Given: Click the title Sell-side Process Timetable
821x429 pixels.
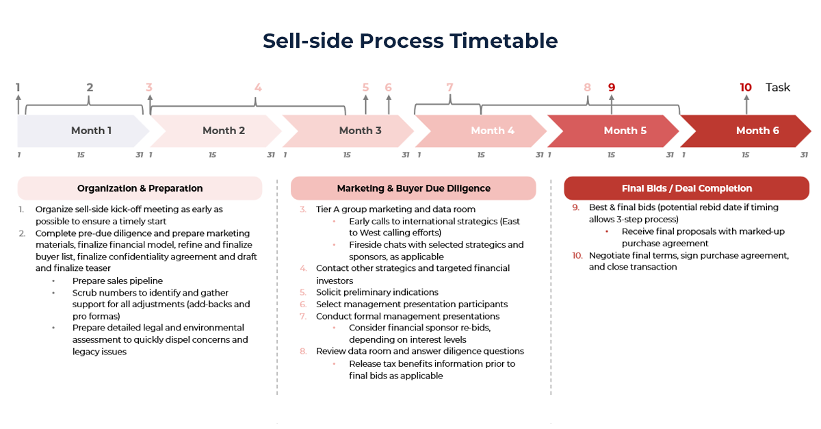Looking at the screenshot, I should [x=410, y=41].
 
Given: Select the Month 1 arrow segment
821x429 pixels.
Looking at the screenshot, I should [x=82, y=131].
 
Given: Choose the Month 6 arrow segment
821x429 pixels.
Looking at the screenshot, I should [x=746, y=131].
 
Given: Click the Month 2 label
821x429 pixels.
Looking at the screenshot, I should [x=224, y=131].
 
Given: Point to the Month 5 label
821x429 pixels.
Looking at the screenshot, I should [x=625, y=131].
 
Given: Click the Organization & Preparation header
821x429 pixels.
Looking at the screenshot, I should [x=140, y=188].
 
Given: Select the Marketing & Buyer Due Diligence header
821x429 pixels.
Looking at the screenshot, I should [x=413, y=188].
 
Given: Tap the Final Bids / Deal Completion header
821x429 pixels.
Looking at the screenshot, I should [x=686, y=188].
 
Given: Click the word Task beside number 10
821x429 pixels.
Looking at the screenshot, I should [x=778, y=88].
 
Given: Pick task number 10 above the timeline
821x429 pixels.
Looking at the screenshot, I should [x=746, y=88].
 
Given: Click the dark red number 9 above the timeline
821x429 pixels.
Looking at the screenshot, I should [x=612, y=88].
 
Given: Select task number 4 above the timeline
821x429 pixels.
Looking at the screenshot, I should [x=258, y=88].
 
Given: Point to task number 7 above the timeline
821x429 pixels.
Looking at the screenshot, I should [x=449, y=88].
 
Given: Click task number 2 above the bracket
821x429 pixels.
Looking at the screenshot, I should [x=90, y=88].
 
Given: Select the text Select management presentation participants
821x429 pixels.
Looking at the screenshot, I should [x=411, y=304].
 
